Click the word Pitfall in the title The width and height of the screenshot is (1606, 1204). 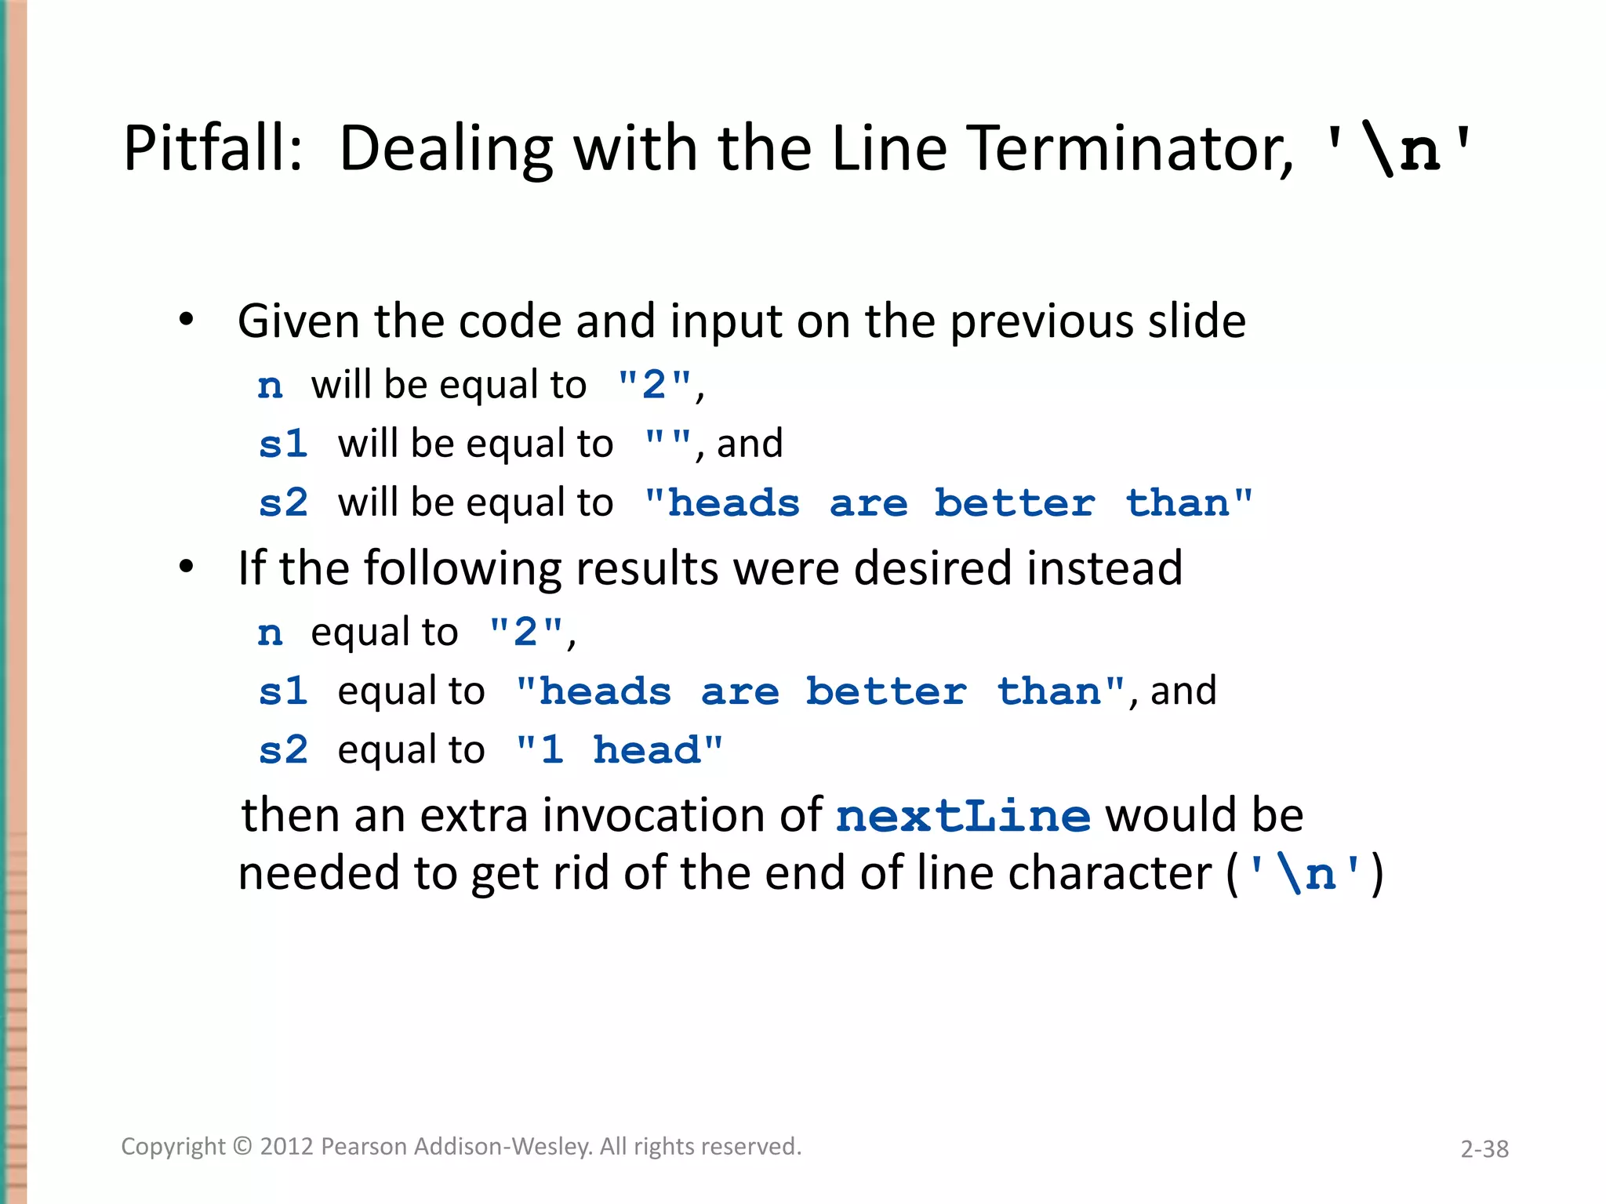tap(212, 148)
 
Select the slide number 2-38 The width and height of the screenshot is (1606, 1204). tap(1484, 1149)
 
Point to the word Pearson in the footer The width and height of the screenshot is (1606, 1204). tap(364, 1147)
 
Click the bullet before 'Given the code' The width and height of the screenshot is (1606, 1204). tap(186, 320)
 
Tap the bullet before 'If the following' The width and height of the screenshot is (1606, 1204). tap(186, 567)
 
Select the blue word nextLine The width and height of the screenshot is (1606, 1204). tap(962, 816)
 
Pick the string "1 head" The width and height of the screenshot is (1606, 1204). tap(619, 750)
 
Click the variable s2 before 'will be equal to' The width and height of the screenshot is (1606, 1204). tap(283, 503)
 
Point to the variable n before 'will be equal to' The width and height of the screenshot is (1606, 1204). tap(270, 386)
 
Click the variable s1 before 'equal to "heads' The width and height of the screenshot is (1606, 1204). tap(283, 691)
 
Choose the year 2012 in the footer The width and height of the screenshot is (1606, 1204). tap(286, 1147)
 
